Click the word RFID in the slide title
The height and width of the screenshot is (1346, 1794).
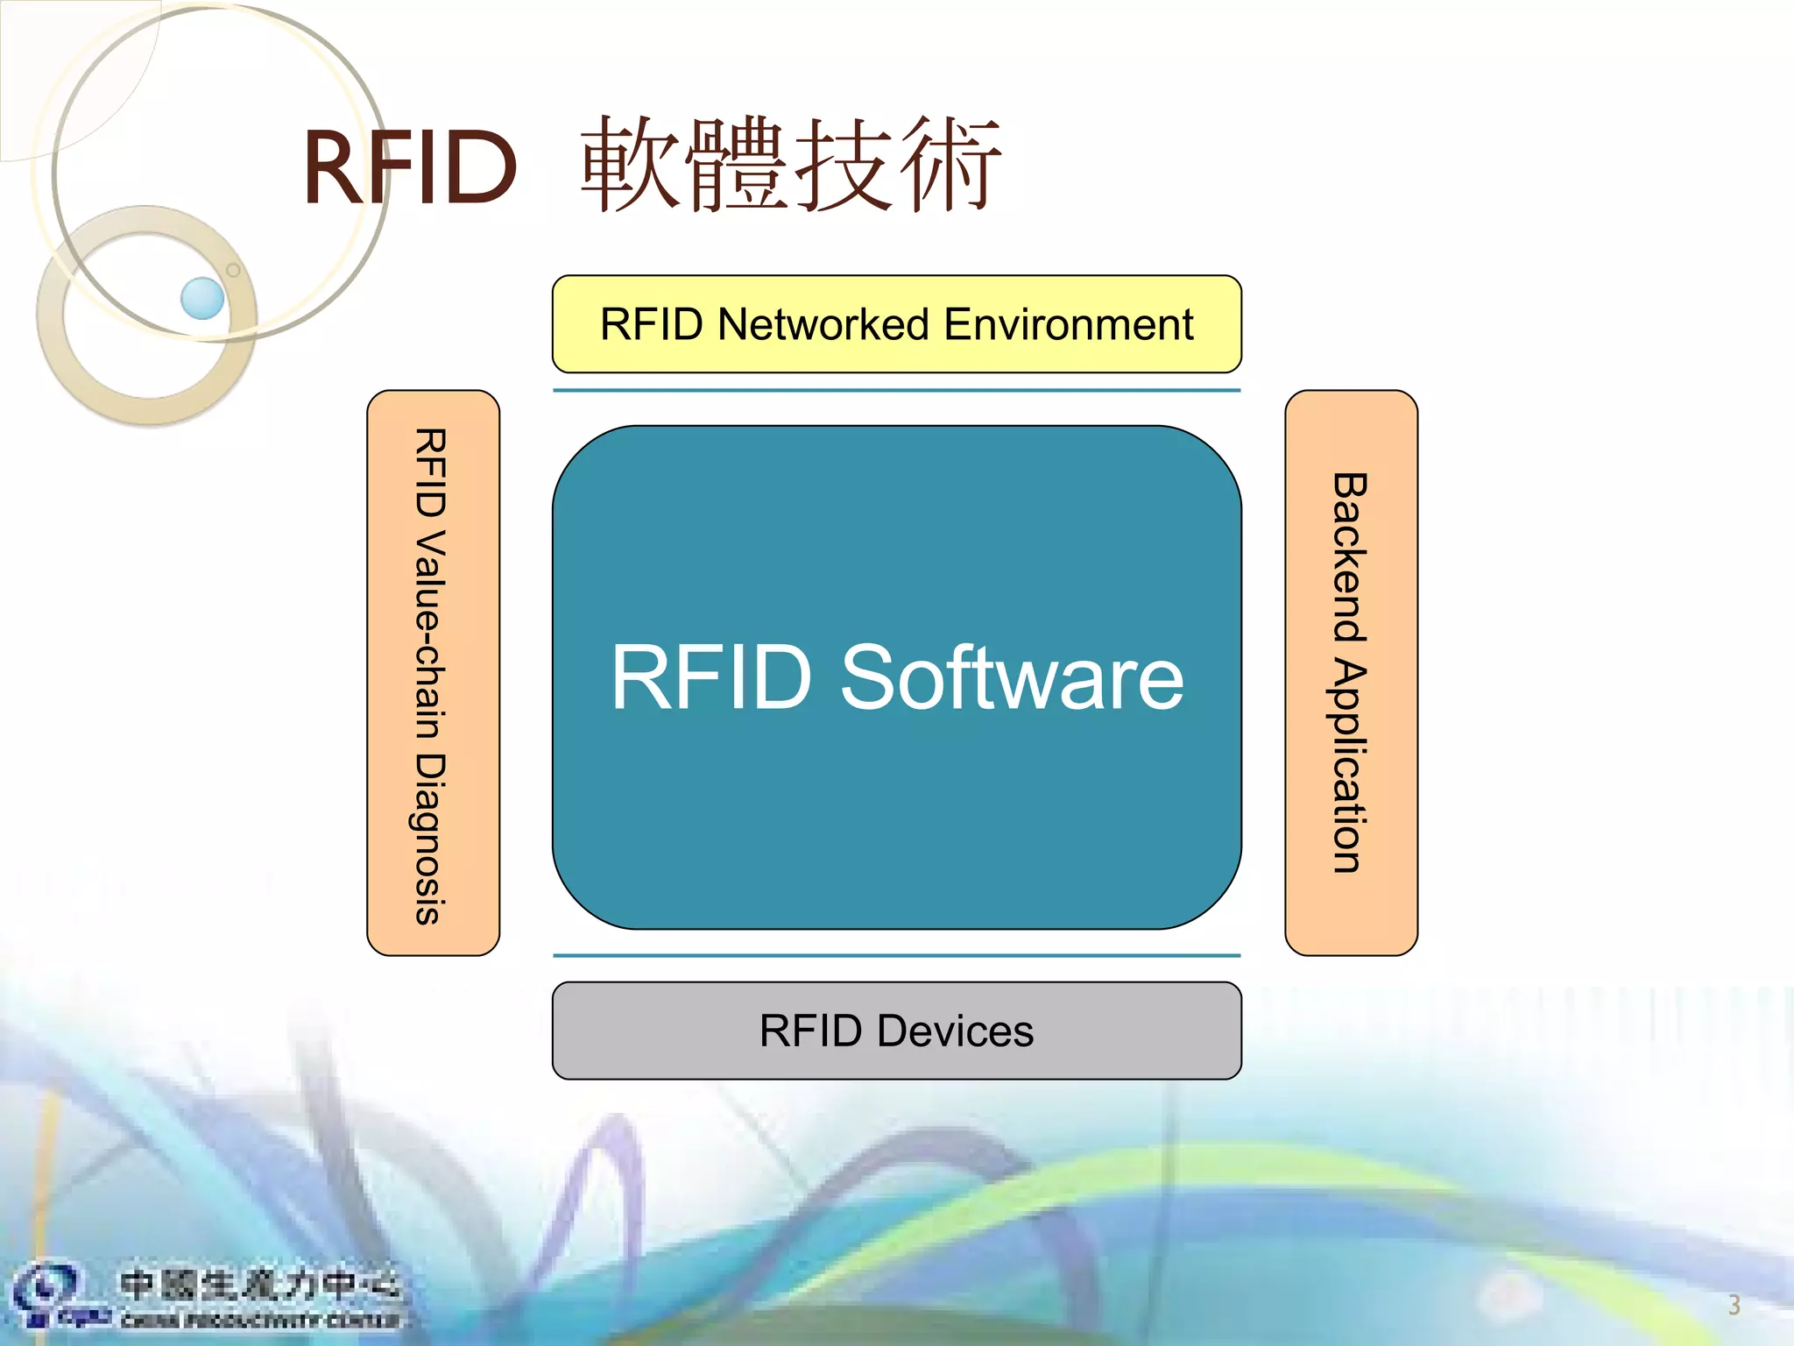coord(410,166)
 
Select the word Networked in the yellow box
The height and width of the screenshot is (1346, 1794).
coord(823,324)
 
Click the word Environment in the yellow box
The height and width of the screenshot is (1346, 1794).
coord(1069,324)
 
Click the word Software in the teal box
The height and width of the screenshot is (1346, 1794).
coord(1012,677)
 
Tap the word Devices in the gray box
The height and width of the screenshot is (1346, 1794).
coord(955,1031)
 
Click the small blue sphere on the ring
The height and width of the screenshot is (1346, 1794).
coord(202,298)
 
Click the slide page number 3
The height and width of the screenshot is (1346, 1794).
coord(1734,1305)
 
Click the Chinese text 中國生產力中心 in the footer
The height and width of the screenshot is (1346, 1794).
coord(259,1285)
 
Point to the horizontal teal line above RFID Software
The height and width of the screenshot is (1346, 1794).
coord(896,391)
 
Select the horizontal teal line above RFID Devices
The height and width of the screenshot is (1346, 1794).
coord(896,955)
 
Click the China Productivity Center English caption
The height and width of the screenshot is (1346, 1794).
coord(259,1320)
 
